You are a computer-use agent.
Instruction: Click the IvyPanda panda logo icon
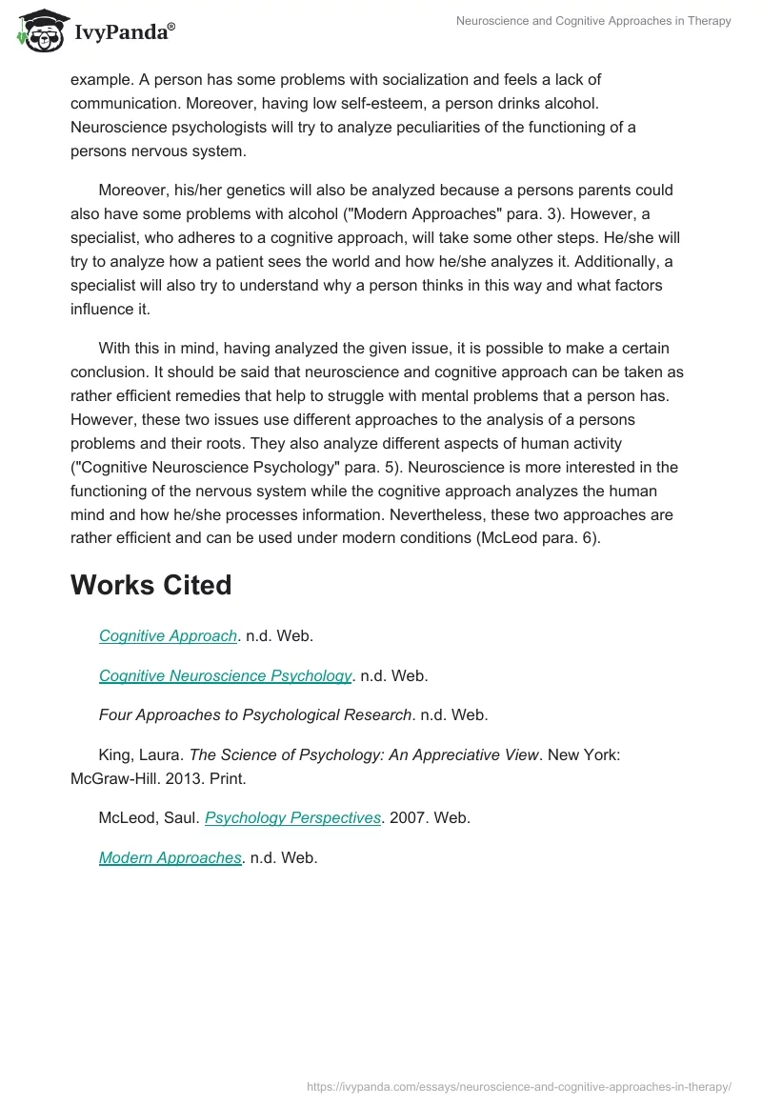[41, 30]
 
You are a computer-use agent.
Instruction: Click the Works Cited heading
[150, 585]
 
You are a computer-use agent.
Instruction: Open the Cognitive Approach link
[168, 636]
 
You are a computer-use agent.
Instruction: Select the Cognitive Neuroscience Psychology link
[226, 675]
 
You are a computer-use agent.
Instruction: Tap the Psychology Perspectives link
[292, 818]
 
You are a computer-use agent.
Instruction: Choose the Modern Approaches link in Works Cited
[170, 857]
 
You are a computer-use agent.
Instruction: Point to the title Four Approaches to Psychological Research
[255, 714]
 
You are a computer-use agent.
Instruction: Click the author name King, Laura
[141, 754]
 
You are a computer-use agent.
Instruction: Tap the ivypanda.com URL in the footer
[518, 1086]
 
